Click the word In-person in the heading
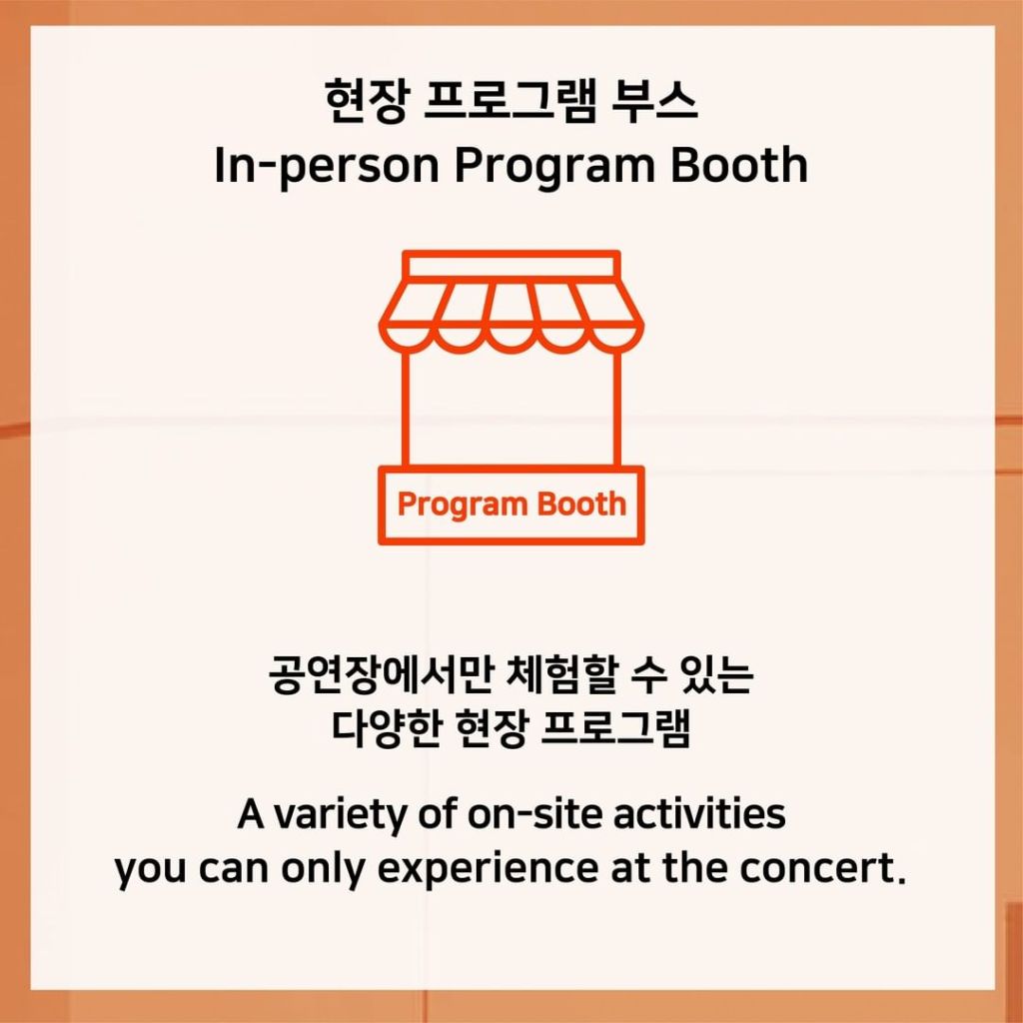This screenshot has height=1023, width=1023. tap(327, 166)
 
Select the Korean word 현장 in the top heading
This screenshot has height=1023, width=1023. tap(368, 101)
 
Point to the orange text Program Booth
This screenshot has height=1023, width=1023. tap(511, 505)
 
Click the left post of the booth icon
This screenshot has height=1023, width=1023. tap(406, 409)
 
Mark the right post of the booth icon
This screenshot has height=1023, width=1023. tap(617, 409)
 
